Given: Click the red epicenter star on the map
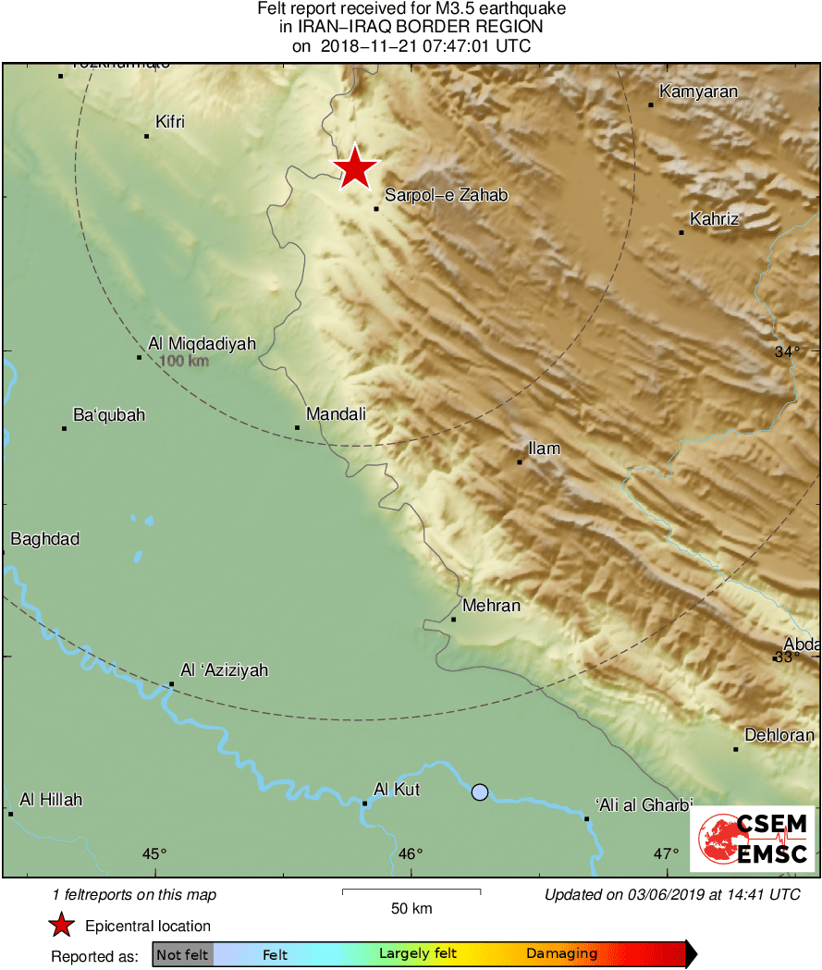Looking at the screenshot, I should pos(355,169).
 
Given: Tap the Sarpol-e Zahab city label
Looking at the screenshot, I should pos(447,195).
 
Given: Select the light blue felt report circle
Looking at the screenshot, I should pos(479,792).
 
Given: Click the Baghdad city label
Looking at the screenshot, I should pos(44,539).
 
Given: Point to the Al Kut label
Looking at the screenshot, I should pos(398,789).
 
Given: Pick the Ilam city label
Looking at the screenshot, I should pos(545,448).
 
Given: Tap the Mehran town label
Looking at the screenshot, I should pos(491,606).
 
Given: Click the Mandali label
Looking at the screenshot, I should pos(336,414).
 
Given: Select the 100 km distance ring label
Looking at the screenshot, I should pos(184,361).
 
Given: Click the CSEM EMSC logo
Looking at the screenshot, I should pos(752,839).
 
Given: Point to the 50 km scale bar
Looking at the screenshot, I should pos(411,891).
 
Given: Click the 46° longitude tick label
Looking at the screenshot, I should pos(411,853).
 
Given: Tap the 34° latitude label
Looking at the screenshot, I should pos(787,351).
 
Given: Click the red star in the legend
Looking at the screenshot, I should pos(61,925).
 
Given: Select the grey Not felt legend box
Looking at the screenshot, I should pos(182,954).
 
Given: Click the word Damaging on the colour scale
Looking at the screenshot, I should pos(561,954).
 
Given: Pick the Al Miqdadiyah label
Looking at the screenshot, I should pos(202,343).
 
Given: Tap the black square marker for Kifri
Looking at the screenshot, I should pos(146,136).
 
